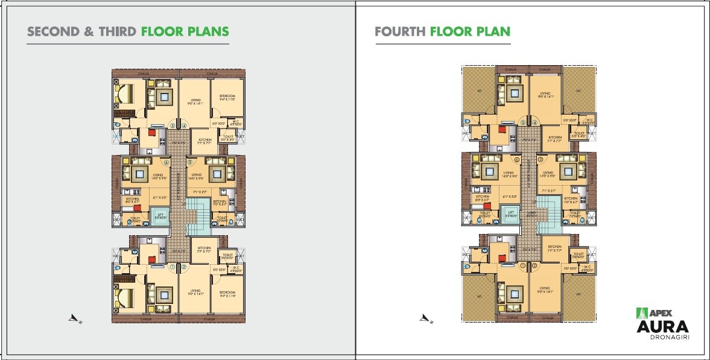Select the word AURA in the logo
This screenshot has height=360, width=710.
(x=663, y=327)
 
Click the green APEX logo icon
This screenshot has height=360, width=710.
(x=641, y=313)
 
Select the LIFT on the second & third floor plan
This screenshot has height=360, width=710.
(x=160, y=216)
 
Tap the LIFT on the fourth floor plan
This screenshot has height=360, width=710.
(x=511, y=214)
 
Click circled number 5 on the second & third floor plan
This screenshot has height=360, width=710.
(x=173, y=126)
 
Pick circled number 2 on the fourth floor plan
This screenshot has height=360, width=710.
(x=534, y=266)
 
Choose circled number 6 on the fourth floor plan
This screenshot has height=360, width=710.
(x=517, y=160)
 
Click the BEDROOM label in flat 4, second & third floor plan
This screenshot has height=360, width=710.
(x=227, y=97)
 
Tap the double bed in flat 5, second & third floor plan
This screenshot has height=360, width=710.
(x=126, y=95)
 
